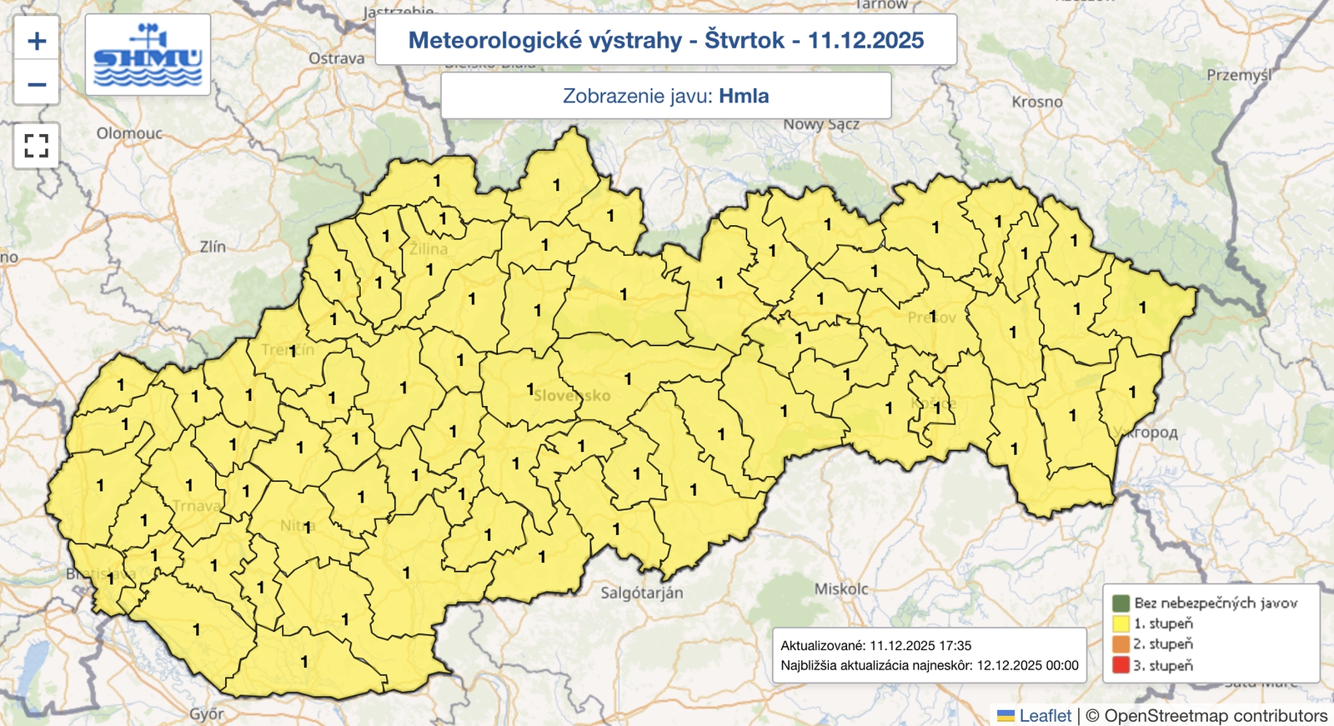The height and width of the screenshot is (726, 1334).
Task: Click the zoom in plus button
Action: (37, 40)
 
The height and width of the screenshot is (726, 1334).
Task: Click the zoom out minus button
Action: (37, 84)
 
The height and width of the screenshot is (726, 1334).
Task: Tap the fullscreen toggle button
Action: (37, 146)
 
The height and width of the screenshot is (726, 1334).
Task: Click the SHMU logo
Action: (148, 55)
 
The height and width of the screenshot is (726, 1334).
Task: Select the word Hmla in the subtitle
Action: (744, 96)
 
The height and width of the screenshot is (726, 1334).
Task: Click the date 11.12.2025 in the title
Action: (865, 40)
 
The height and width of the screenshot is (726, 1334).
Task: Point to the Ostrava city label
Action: (337, 58)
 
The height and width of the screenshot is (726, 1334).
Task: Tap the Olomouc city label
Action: (129, 133)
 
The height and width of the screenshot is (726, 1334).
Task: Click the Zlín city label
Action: (213, 247)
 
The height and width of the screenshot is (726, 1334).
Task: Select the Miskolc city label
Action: (840, 588)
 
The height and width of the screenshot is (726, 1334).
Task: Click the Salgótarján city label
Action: (642, 593)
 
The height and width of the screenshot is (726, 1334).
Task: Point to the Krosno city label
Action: (1037, 102)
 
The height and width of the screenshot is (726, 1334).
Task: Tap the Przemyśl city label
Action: (1239, 75)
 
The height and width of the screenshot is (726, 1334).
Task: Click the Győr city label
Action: (207, 713)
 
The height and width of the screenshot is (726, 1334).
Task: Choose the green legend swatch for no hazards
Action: (1121, 603)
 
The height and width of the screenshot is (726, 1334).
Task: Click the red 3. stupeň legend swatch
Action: (1121, 665)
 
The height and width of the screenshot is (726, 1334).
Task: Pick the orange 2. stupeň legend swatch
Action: (1121, 644)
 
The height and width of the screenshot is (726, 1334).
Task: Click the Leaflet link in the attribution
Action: (1045, 715)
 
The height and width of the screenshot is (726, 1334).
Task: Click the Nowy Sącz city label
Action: (821, 124)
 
